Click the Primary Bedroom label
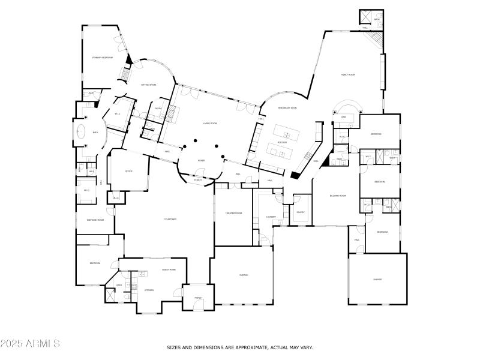coord(103,58)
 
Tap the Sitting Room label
coord(149,85)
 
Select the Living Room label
coord(209,123)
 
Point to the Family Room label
coord(348,74)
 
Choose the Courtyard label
coord(170,219)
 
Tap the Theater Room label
coord(233,213)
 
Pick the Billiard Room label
coord(338,196)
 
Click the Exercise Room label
coord(95,220)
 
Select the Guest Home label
coord(169,269)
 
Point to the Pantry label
coord(301,212)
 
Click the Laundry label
coord(271,216)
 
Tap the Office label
coord(128,171)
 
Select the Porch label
coord(199,298)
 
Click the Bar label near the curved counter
coord(343,117)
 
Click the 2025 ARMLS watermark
coord(30,344)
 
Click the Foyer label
coord(202,160)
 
